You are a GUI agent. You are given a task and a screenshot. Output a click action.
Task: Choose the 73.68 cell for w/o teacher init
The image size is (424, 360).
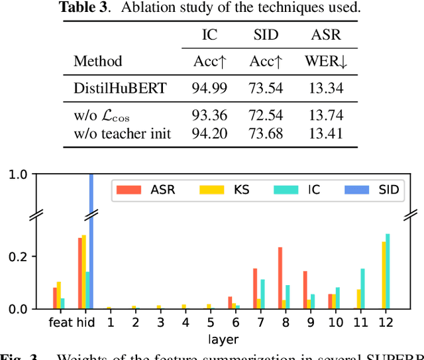point(266,133)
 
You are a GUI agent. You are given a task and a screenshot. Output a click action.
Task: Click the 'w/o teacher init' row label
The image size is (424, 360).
point(123,133)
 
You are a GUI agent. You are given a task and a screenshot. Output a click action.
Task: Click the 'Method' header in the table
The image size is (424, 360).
point(98,61)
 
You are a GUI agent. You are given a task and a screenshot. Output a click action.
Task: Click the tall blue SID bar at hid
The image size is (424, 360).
point(91,239)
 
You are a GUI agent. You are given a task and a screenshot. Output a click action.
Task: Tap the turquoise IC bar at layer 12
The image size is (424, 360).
point(388,271)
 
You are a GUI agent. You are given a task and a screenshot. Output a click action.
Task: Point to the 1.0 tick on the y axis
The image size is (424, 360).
point(18,175)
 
